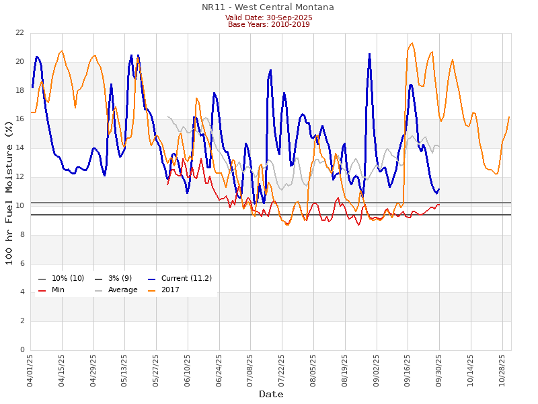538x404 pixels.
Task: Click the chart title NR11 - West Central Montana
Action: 268,7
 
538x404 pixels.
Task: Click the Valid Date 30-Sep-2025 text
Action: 268,18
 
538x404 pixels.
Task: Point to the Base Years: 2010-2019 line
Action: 268,24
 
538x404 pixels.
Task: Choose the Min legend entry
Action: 58,290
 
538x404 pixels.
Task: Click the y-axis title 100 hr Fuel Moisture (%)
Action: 9,192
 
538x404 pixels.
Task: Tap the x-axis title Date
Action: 271,394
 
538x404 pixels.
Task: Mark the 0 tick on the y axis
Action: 23,350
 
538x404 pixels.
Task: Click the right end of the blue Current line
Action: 439,189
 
